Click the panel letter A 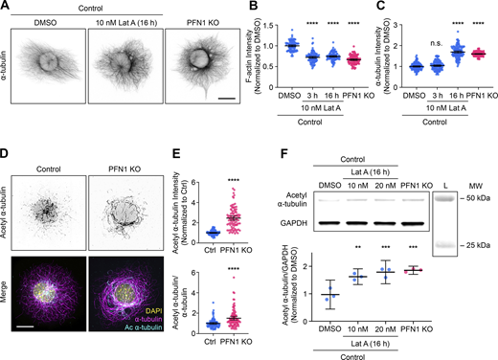click(x=6, y=6)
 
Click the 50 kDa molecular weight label click(x=478, y=196)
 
